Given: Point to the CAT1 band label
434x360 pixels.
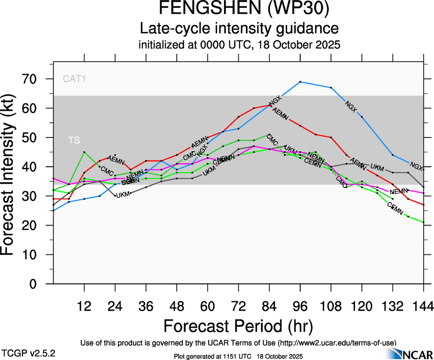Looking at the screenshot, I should coord(75,79).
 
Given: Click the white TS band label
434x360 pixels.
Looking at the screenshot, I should coord(74,140).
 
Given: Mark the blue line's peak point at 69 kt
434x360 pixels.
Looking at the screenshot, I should coord(300,82).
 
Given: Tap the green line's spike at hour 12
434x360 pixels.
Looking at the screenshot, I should coord(84,152).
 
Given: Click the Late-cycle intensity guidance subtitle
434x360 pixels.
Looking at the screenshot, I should coord(239,29).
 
